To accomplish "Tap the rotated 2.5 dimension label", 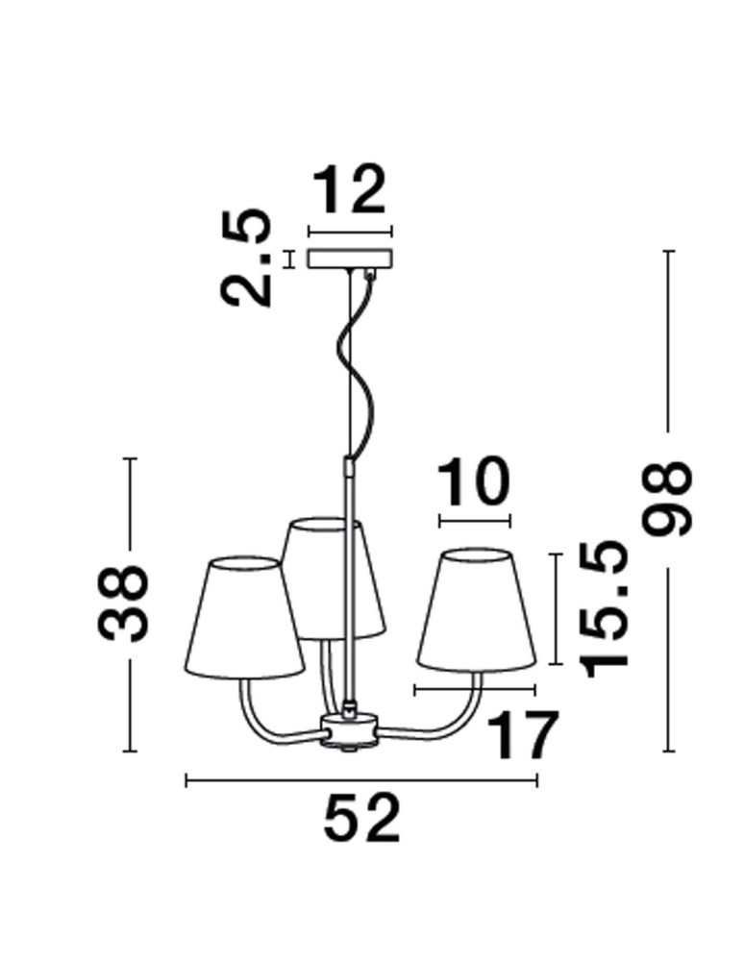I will [x=245, y=258].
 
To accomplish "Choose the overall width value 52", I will [x=360, y=820].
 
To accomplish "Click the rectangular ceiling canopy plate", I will [x=349, y=259].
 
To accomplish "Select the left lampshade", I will [x=242, y=615].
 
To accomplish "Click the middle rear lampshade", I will [x=332, y=577].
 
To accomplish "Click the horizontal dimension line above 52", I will [x=360, y=781].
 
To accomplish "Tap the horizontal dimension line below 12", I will [x=349, y=231].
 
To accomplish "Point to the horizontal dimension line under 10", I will [x=473, y=522].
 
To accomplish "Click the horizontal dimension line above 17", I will [x=473, y=689].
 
